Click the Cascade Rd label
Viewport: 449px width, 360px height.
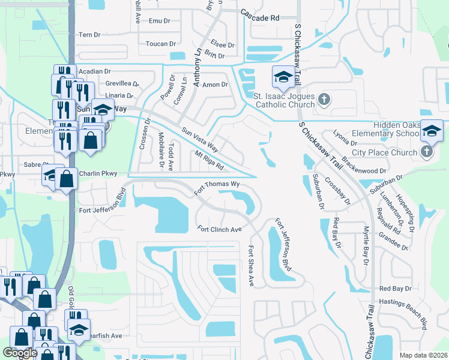pyautogui.click(x=260, y=17)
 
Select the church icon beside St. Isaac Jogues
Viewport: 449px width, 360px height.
pyautogui.click(x=324, y=98)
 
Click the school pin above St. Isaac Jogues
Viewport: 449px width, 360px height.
pyautogui.click(x=283, y=77)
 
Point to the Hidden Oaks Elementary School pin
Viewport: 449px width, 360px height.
pyautogui.click(x=432, y=130)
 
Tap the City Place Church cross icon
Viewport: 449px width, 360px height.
pyautogui.click(x=427, y=152)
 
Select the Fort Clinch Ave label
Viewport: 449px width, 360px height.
pyautogui.click(x=220, y=229)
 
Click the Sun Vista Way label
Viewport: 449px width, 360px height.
pyautogui.click(x=200, y=140)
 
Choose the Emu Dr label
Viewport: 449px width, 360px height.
pyautogui.click(x=160, y=21)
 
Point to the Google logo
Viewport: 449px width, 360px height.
pyautogui.click(x=20, y=353)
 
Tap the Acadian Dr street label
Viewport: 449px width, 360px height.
pyautogui.click(x=95, y=71)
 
